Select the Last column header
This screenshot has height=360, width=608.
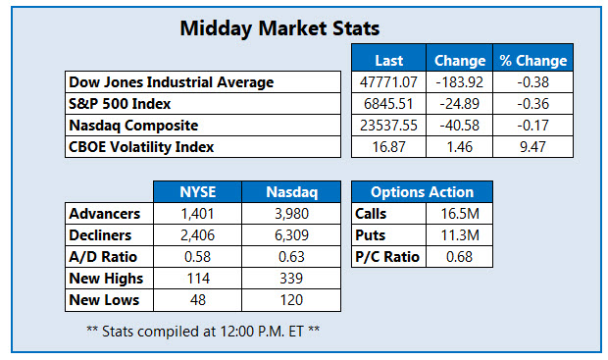pos(389,61)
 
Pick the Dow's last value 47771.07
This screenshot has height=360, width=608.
pos(389,82)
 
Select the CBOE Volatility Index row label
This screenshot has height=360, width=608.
pos(141,147)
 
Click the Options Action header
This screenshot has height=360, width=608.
pos(424,192)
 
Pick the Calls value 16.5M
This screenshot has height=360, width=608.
pos(459,214)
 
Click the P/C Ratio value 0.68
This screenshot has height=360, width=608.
pos(459,257)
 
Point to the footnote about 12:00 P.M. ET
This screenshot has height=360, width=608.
pos(203,330)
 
